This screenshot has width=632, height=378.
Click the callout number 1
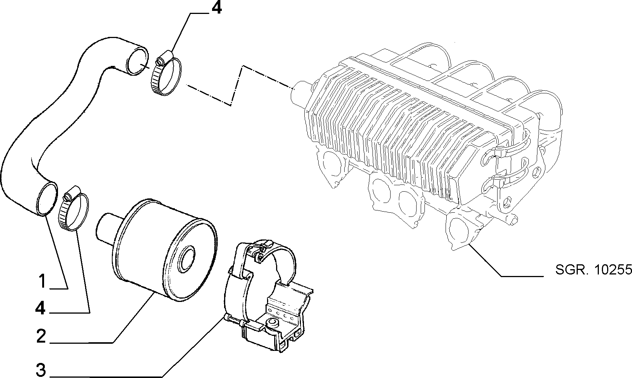tap(43, 281)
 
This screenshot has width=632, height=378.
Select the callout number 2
tap(41, 336)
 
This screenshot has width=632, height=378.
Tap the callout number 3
tap(41, 370)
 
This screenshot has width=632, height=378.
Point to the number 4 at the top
tap(217, 8)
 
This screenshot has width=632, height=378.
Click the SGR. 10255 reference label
tap(593, 270)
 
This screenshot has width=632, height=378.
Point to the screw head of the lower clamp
tap(67, 196)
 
